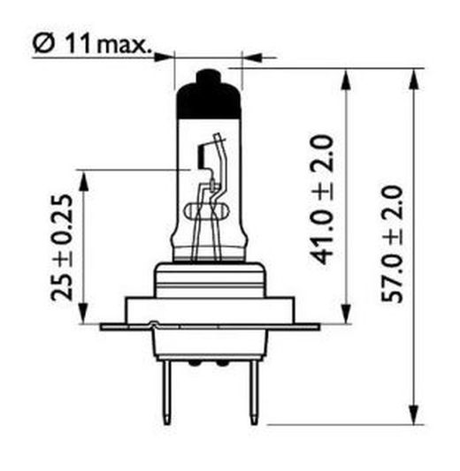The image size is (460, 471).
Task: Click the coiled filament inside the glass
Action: (x=209, y=212)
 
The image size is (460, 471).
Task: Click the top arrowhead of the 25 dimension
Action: (x=85, y=178)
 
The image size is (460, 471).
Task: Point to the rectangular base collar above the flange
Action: (x=209, y=309)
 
